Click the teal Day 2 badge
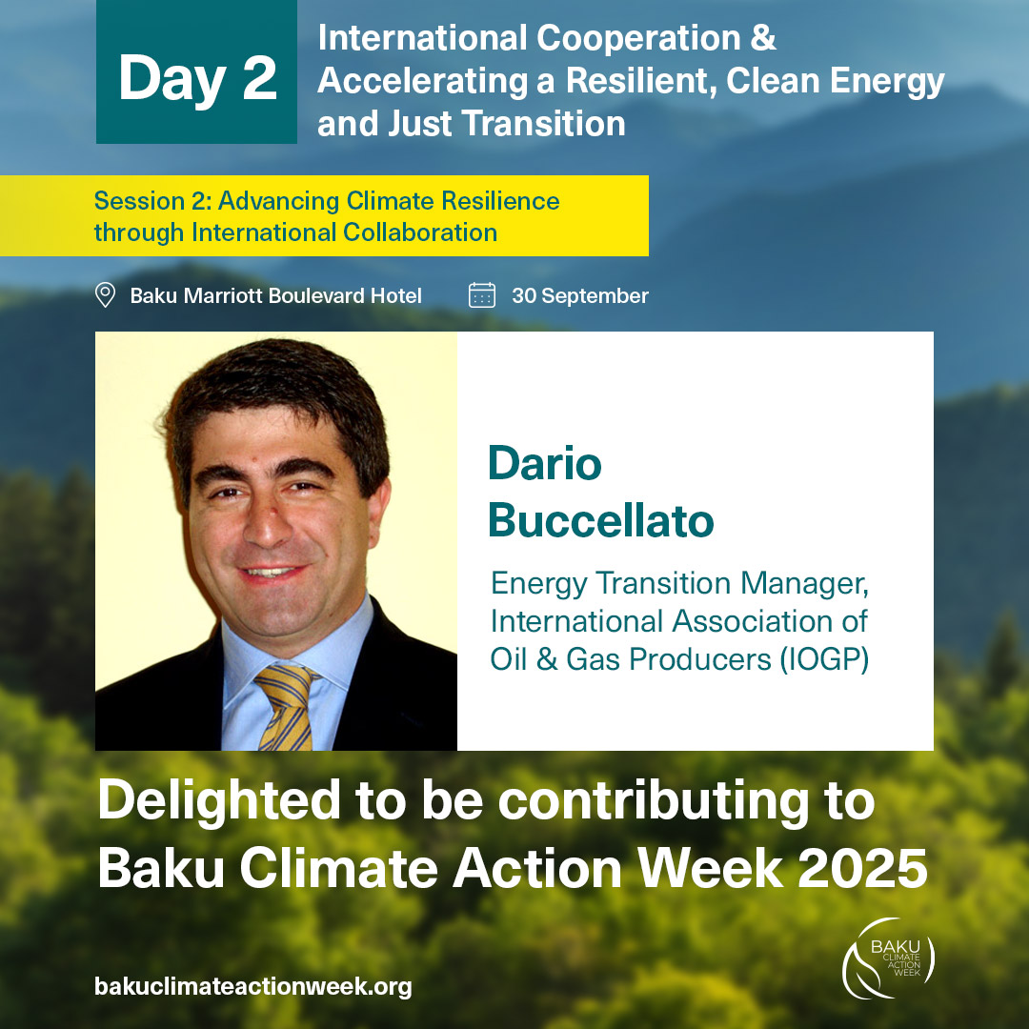[x=196, y=72]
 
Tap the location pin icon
[x=106, y=295]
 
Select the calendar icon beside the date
[x=482, y=295]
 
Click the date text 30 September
[x=579, y=295]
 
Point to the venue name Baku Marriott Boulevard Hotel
[x=275, y=295]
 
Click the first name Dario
[x=544, y=464]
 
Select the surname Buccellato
[x=600, y=520]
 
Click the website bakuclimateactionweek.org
[x=252, y=986]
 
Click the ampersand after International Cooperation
[x=763, y=39]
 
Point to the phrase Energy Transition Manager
[x=679, y=583]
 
